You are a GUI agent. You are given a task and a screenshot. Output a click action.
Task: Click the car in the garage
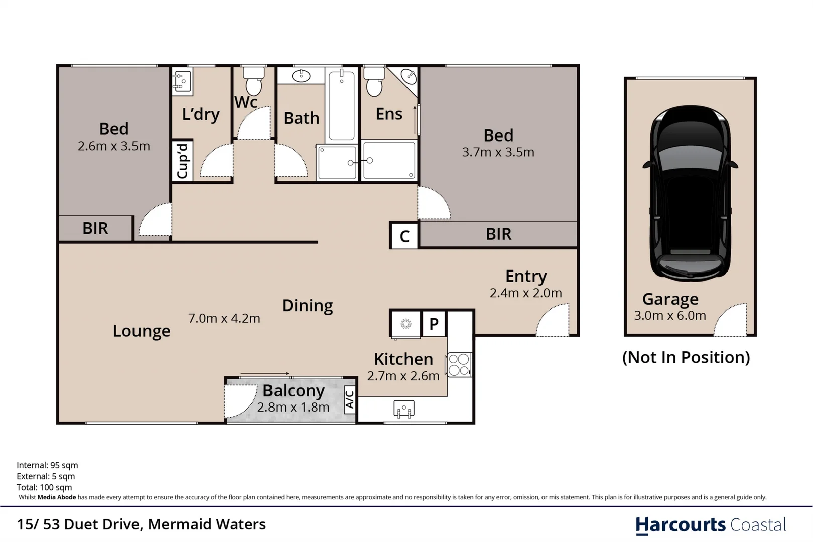click(x=690, y=193)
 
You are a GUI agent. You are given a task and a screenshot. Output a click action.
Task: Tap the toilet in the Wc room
click(x=254, y=81)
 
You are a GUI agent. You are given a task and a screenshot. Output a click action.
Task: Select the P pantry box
click(x=434, y=324)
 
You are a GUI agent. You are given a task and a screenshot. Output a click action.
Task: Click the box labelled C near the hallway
click(x=404, y=236)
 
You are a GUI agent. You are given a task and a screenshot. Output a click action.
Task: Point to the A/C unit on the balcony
click(x=350, y=399)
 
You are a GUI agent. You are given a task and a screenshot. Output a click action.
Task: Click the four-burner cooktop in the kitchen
click(x=459, y=365)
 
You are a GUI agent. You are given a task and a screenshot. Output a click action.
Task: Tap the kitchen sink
click(x=404, y=409)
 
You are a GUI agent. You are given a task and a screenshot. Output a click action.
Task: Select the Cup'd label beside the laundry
click(x=182, y=161)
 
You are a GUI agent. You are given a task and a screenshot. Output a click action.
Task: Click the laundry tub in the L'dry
click(x=182, y=81)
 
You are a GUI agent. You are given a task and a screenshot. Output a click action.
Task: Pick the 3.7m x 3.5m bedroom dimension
click(x=498, y=152)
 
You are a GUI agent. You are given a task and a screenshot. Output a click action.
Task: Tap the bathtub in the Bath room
click(x=342, y=105)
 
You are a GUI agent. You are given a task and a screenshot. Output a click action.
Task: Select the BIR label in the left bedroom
click(x=95, y=229)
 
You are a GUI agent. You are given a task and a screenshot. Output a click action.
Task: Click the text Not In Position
click(x=686, y=357)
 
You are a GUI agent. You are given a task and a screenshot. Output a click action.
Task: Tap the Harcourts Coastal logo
click(x=710, y=525)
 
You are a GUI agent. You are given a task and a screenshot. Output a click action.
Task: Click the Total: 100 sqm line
click(x=44, y=487)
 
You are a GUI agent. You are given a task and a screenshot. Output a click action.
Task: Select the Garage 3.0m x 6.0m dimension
click(x=670, y=316)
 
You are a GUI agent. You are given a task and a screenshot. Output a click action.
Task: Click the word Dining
click(x=307, y=305)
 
